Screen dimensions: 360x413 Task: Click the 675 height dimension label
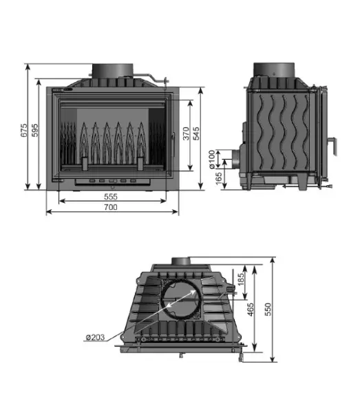(x=23, y=130)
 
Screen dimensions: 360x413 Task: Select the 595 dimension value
(x=35, y=130)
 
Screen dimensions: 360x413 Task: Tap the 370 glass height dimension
(x=186, y=134)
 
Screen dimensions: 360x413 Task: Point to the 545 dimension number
(x=196, y=134)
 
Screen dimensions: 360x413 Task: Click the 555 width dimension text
(x=111, y=196)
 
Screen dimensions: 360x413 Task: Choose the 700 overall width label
(x=111, y=207)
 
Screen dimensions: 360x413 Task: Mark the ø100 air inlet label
(x=212, y=160)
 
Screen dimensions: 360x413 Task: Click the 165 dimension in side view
(x=219, y=178)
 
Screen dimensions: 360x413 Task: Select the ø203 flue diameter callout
(x=95, y=337)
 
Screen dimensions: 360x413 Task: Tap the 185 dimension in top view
(x=241, y=279)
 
